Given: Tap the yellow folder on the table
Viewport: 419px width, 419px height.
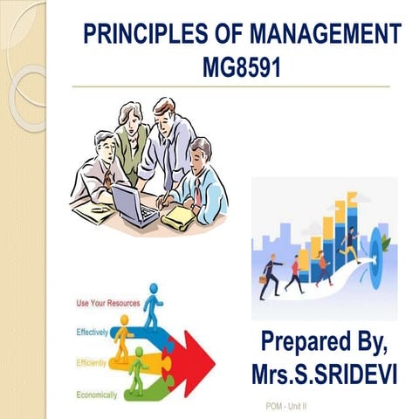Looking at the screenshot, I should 179,213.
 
